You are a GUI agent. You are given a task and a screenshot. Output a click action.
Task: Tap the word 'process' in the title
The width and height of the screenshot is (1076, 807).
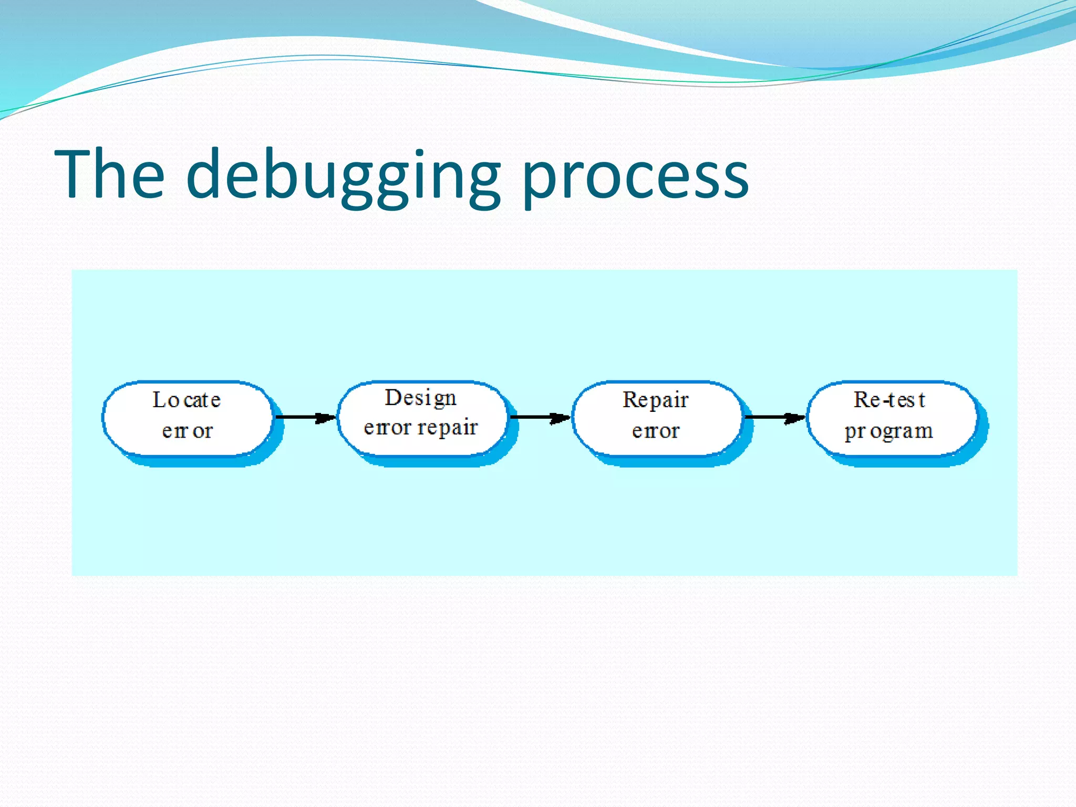[635, 179]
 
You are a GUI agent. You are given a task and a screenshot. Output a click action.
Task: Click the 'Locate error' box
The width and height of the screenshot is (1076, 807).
[188, 418]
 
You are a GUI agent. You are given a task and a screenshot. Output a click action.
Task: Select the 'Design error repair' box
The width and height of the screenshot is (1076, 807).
[422, 418]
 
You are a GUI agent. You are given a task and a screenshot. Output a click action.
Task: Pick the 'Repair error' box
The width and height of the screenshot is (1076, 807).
[656, 418]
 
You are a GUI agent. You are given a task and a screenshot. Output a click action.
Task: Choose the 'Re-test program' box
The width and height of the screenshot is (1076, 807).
[892, 418]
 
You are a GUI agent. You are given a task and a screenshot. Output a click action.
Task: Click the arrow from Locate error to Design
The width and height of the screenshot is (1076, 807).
[305, 417]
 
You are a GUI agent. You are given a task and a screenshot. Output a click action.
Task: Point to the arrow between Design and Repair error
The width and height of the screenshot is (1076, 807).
[540, 417]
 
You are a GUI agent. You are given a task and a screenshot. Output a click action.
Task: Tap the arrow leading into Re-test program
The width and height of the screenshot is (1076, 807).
[774, 417]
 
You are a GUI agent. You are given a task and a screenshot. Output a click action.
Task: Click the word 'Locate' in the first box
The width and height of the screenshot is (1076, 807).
[187, 400]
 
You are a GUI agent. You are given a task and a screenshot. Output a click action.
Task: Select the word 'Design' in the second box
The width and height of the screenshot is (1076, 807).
[420, 398]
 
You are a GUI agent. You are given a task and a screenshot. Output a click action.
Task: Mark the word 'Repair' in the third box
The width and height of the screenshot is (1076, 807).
[655, 400]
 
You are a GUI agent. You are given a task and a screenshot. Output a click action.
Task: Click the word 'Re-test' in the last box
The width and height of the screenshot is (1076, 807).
[889, 400]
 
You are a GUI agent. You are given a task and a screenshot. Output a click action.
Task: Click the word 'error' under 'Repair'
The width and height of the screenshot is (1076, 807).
[656, 431]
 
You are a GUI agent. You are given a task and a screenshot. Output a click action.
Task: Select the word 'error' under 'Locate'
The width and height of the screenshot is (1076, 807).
[188, 431]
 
